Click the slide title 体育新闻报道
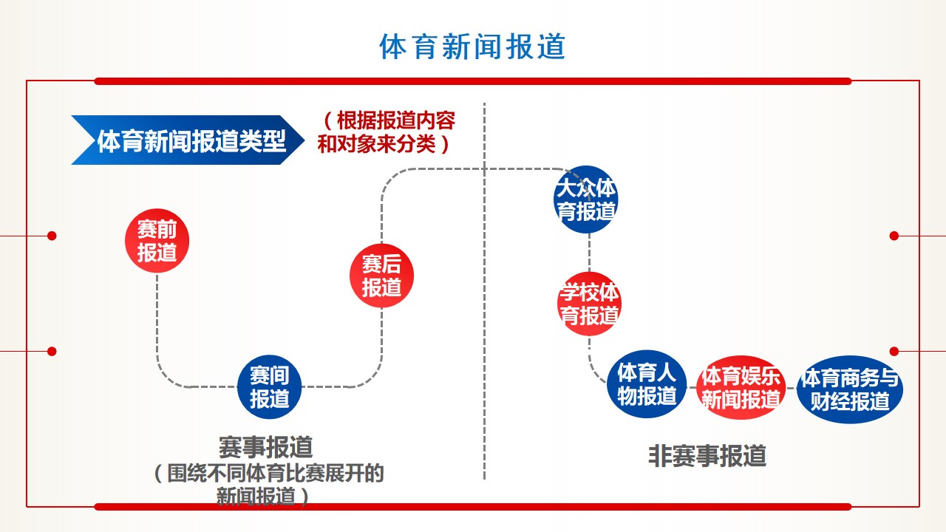(x=472, y=47)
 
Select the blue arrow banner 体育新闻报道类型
(x=188, y=140)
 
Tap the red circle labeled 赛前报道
(x=157, y=240)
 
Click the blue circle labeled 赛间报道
(x=269, y=386)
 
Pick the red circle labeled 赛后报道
(x=381, y=276)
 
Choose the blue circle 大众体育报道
(x=586, y=199)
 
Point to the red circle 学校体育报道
(x=589, y=304)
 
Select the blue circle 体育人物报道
(x=647, y=383)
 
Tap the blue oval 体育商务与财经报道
(x=850, y=389)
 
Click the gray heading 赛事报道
(x=266, y=447)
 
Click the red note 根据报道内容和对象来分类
(x=387, y=132)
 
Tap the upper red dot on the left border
(x=52, y=236)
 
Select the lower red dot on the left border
(x=52, y=351)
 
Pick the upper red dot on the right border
(x=894, y=236)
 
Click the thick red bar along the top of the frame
(x=473, y=81)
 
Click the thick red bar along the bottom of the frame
(x=473, y=507)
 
